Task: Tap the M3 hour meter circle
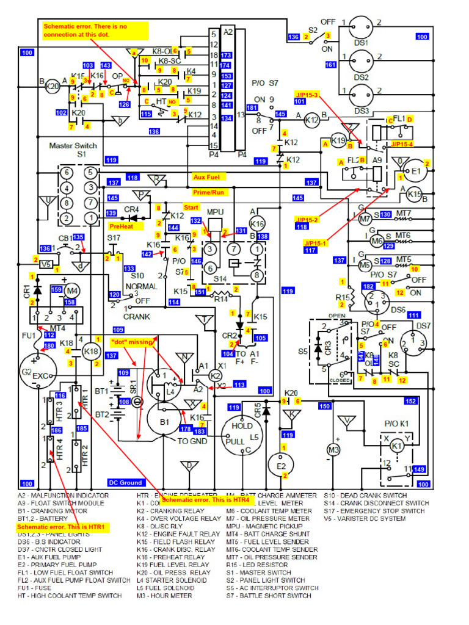coord(333,450)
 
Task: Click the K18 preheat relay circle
coord(91,352)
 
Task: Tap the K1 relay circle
coord(397,446)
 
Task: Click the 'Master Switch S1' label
coord(72,150)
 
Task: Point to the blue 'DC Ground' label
coord(125,482)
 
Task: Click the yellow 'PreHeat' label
coord(122,226)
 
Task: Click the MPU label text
coord(216,212)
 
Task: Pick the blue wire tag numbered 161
coord(331,64)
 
